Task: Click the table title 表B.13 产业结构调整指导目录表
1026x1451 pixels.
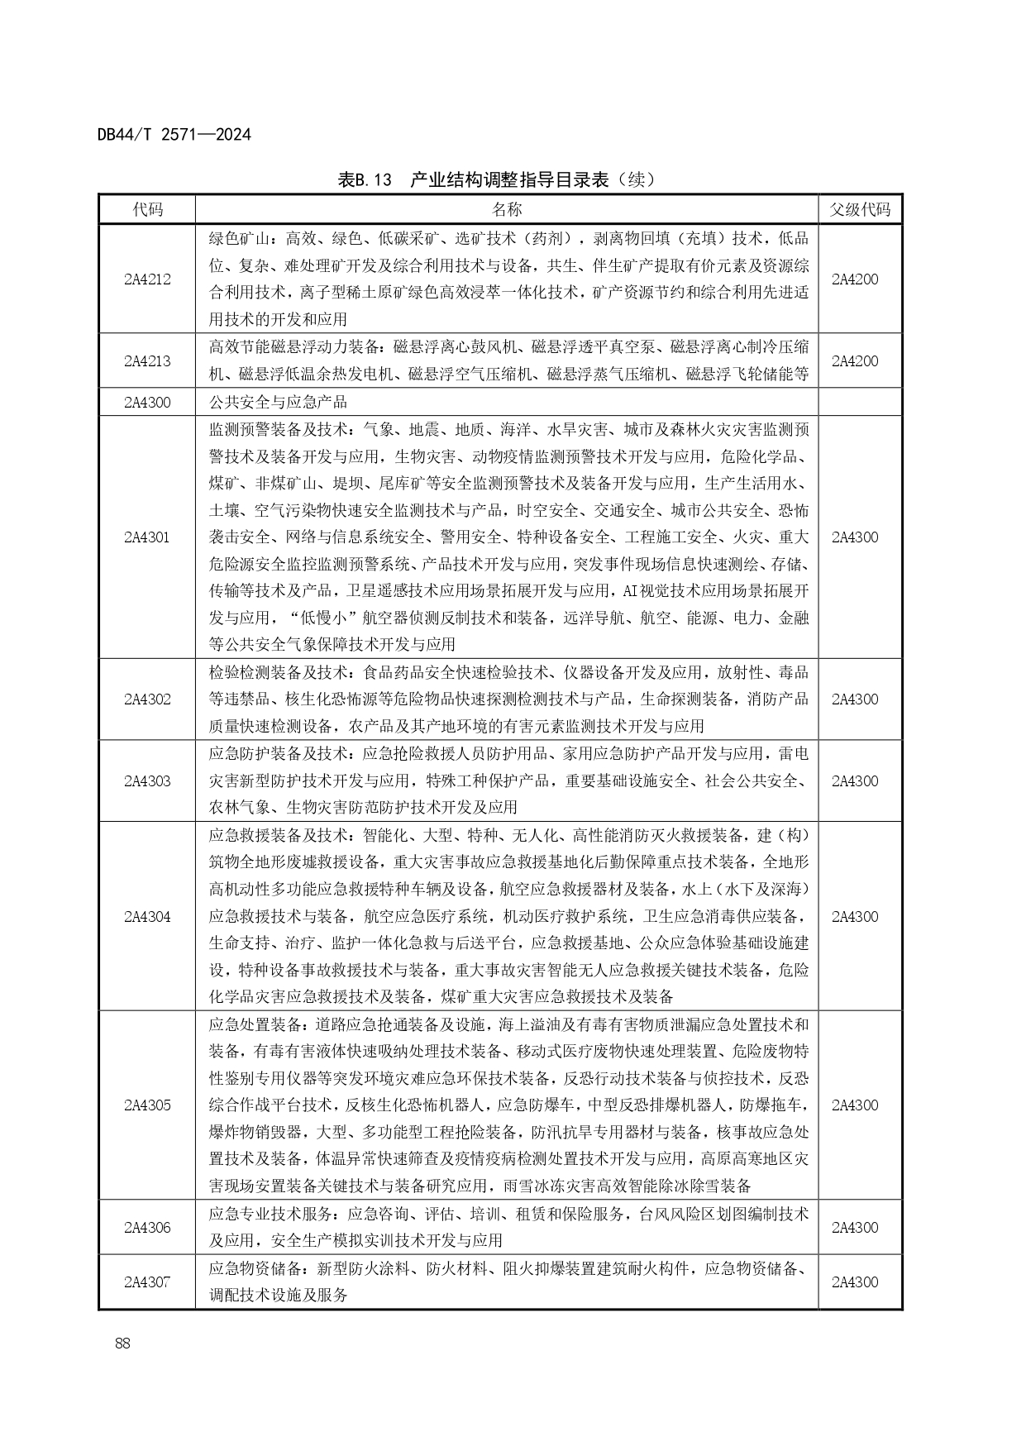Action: tap(496, 179)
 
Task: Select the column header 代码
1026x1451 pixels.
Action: tap(147, 210)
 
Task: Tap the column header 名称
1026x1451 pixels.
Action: tap(507, 210)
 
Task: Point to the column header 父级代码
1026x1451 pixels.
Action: tap(860, 210)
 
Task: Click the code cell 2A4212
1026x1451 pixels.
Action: tap(147, 279)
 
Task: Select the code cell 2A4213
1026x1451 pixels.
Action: tap(147, 361)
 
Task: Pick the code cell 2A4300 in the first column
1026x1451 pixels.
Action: tap(147, 403)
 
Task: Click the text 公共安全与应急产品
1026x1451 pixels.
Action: tap(278, 403)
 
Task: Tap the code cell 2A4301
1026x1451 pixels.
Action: tap(147, 537)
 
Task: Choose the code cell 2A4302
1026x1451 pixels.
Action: tap(147, 699)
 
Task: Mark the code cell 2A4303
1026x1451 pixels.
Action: tap(147, 781)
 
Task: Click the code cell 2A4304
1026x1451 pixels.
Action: tap(147, 917)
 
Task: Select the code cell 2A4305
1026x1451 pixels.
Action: tap(147, 1105)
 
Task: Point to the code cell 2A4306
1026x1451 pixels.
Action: tap(147, 1228)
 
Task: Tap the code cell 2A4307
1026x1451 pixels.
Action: tap(147, 1282)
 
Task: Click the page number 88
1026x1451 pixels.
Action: tap(123, 1344)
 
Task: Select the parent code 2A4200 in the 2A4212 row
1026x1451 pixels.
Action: tap(855, 279)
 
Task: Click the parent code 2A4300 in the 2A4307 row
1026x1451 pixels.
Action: tap(855, 1282)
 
